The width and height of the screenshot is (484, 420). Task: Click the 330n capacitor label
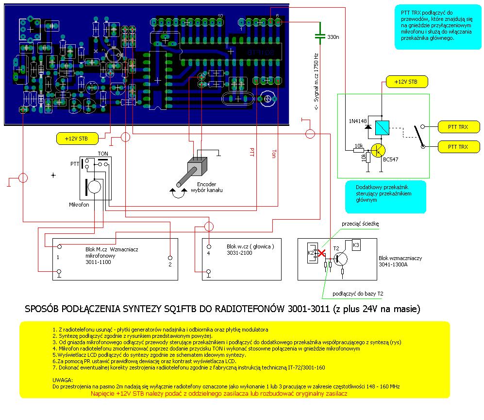[333, 37]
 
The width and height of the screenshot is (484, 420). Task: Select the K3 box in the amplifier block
[356, 245]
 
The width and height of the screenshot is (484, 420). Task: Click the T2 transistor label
[336, 249]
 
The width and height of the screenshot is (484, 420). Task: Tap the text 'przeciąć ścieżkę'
[360, 224]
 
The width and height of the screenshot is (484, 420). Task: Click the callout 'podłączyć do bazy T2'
[358, 294]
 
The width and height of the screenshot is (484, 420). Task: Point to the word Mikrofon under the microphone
[79, 206]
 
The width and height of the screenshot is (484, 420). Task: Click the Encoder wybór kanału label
[209, 187]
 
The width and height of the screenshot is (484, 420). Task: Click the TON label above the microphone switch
[103, 153]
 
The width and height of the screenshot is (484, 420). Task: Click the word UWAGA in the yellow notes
[62, 380]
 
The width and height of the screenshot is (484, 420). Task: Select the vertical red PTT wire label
[251, 152]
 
